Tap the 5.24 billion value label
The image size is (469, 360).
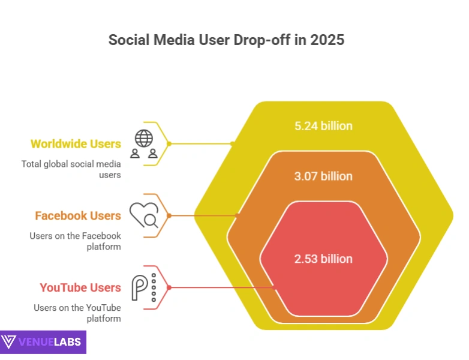(x=323, y=126)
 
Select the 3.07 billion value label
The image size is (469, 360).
(x=323, y=176)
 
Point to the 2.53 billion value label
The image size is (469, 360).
(x=323, y=259)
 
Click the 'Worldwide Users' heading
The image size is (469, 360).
(x=76, y=144)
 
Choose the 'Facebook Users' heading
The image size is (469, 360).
(x=78, y=216)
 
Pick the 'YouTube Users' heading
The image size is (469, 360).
(x=80, y=288)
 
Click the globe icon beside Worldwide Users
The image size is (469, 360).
(x=144, y=138)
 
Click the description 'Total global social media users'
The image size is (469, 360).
(x=71, y=169)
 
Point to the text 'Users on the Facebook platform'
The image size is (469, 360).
(x=76, y=241)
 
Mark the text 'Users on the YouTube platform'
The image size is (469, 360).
(x=78, y=313)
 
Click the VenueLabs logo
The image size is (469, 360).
(x=43, y=342)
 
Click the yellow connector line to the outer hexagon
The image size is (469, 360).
(x=201, y=144)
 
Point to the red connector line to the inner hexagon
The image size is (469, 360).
(x=222, y=288)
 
